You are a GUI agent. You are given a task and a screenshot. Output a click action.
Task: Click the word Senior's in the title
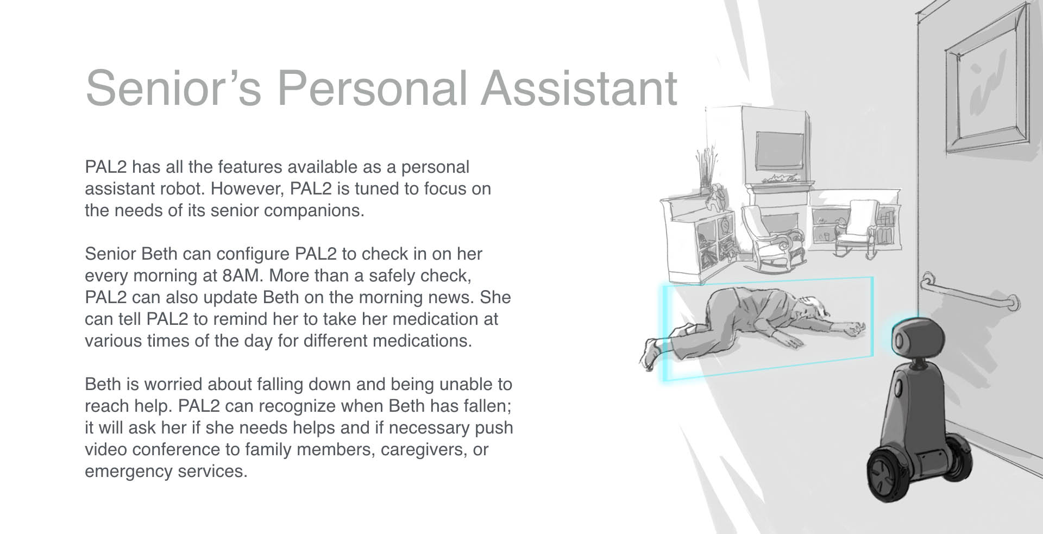pyautogui.click(x=173, y=87)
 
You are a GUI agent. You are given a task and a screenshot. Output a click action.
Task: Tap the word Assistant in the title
pyautogui.click(x=579, y=87)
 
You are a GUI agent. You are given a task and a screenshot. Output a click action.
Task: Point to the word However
pyautogui.click(x=248, y=189)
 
